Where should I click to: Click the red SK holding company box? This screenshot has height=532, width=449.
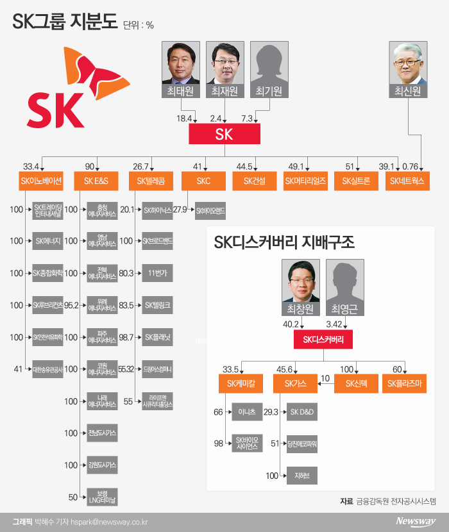click(x=224, y=133)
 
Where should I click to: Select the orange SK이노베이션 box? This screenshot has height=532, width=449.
click(x=41, y=181)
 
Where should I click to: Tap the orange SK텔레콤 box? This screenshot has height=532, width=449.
click(x=151, y=181)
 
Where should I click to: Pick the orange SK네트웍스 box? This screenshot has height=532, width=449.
click(x=407, y=181)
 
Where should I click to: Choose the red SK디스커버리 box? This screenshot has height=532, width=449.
click(x=323, y=340)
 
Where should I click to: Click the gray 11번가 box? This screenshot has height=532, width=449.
click(x=157, y=273)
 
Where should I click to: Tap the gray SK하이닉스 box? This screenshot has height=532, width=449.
click(x=157, y=210)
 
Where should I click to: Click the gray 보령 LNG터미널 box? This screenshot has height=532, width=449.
click(x=98, y=497)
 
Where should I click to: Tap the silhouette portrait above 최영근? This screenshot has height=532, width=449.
click(x=344, y=281)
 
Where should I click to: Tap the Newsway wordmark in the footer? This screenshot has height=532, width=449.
click(x=415, y=521)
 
